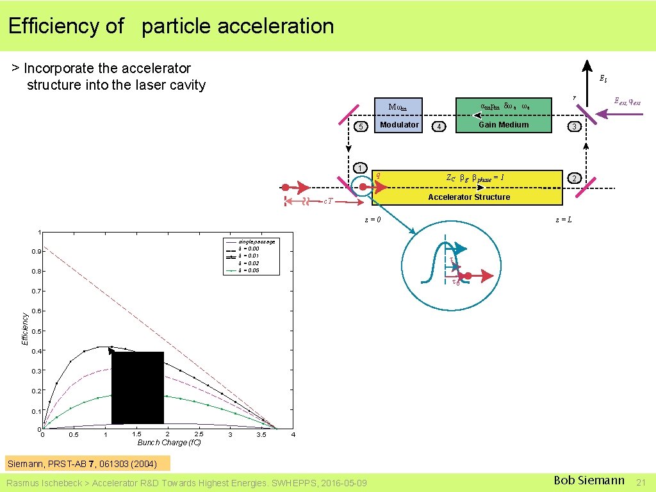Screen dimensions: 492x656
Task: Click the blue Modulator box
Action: tap(399, 115)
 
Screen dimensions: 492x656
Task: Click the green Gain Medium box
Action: tap(504, 115)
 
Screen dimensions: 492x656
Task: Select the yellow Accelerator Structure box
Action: tap(467, 187)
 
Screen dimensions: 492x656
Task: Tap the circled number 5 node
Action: tap(362, 127)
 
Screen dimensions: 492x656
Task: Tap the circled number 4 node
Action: tap(439, 127)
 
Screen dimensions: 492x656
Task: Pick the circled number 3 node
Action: tap(575, 127)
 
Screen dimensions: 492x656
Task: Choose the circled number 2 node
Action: tap(575, 177)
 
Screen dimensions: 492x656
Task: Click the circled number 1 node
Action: tap(361, 168)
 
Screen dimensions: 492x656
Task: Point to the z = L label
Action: tap(564, 220)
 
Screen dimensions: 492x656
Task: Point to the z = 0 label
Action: tap(373, 220)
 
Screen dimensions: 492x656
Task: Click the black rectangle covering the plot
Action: tap(138, 388)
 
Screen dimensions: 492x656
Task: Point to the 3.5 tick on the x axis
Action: tap(261, 435)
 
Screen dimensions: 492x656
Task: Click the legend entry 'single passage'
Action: tap(256, 242)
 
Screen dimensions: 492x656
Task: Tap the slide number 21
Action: tap(641, 481)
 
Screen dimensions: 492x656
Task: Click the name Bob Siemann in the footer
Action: tap(589, 480)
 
